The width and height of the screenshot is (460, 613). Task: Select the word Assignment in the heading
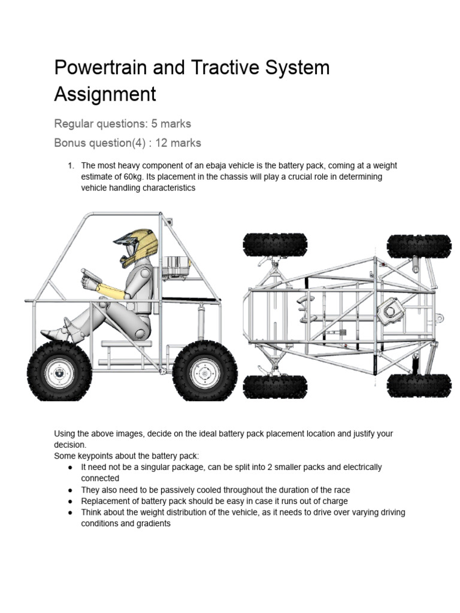pos(105,94)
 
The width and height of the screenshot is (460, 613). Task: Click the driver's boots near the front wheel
pos(57,333)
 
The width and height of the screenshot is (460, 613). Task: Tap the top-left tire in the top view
pos(275,245)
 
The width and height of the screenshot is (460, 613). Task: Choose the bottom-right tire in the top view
pos(419,386)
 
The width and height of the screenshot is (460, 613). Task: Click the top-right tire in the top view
pos(419,245)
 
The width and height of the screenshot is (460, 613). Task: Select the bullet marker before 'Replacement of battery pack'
pos(71,501)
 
